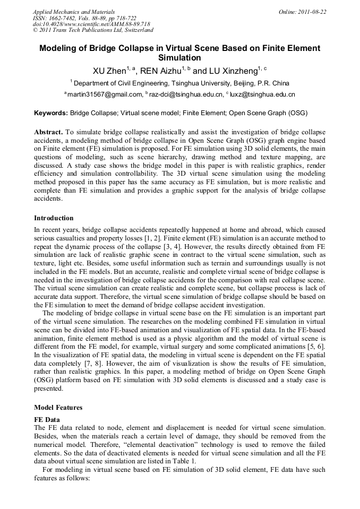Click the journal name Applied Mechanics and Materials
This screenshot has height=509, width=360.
coord(74,11)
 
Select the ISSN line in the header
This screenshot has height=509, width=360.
coord(84,18)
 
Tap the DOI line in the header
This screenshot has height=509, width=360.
coord(91,24)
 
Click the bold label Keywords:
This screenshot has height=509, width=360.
coord(51,113)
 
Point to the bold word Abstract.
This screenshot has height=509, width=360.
coord(49,131)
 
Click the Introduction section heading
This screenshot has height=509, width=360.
coord(54,218)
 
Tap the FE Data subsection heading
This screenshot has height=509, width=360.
coord(46,419)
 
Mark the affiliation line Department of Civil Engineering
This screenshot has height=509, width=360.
coord(180,83)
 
